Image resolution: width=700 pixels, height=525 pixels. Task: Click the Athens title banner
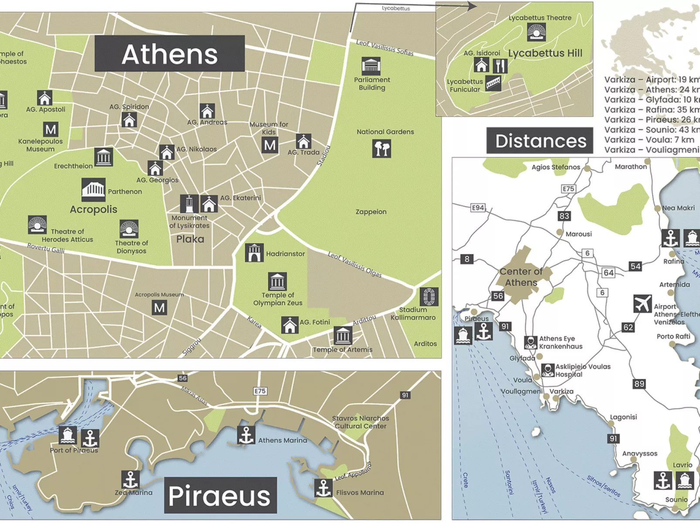(170, 54)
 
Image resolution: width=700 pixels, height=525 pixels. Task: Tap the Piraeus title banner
(220, 495)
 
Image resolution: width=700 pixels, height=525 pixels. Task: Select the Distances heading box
(540, 141)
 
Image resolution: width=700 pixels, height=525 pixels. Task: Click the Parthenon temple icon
(93, 190)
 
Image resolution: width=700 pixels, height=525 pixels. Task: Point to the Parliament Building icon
(371, 66)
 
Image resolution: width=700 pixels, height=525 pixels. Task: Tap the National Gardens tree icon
(382, 149)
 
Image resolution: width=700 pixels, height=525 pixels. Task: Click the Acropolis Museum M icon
(160, 308)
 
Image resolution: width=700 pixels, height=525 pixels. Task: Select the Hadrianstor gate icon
(254, 253)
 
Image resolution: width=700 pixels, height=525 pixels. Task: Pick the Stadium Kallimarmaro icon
(429, 297)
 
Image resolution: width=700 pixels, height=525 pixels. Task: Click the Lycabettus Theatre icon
(536, 32)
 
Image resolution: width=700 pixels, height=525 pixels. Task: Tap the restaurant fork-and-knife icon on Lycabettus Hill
(500, 66)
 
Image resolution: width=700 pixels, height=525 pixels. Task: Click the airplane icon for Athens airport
(642, 304)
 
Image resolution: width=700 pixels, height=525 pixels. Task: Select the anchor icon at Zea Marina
(130, 480)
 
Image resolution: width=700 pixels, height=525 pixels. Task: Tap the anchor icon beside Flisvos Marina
(323, 488)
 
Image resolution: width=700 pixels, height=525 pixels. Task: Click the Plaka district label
(190, 239)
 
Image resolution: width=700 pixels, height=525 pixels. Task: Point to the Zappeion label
(371, 212)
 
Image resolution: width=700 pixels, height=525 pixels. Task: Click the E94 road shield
(478, 208)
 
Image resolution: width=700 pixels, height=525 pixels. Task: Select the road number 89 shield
(639, 384)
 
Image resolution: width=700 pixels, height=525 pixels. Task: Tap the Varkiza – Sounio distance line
(652, 130)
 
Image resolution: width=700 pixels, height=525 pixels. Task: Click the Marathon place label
(631, 167)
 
